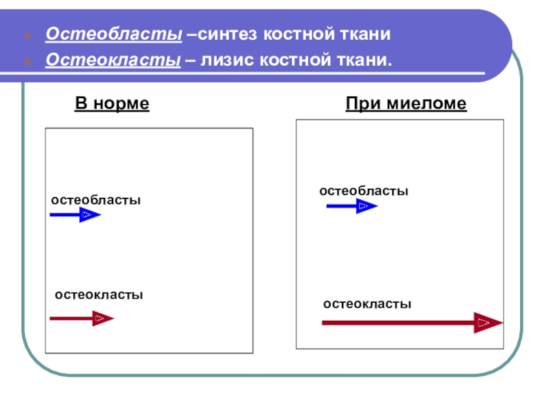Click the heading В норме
point(112,104)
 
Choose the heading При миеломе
point(406,104)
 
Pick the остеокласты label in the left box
point(99,295)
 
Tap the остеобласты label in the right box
point(364,190)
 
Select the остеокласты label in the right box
point(367,303)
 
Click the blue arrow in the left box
point(75,216)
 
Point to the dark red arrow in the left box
point(81,319)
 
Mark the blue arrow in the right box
point(351,205)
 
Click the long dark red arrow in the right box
point(412,322)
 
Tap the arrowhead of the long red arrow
point(487,322)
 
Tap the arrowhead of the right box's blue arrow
point(366,205)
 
